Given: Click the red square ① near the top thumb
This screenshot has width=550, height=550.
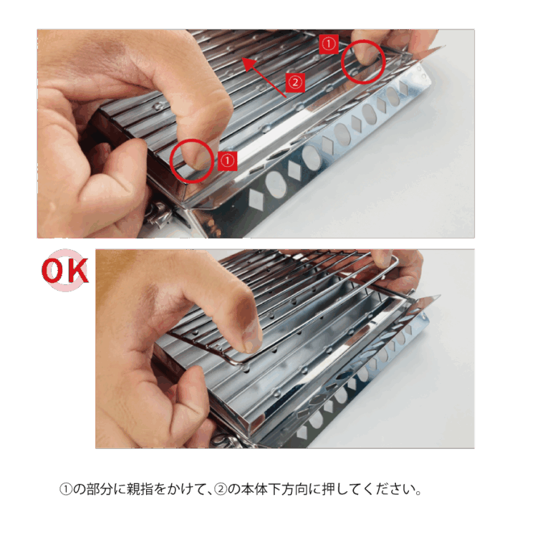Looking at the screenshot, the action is coord(329,44).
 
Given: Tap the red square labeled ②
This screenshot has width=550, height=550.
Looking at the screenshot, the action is coord(295,82).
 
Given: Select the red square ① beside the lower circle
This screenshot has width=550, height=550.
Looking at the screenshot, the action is coord(227,161).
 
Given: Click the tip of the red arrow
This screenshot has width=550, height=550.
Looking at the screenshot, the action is coord(243,59).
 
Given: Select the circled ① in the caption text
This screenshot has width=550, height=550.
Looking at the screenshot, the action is coord(66,489).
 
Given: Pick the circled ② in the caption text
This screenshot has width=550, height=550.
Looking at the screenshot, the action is coord(221,489).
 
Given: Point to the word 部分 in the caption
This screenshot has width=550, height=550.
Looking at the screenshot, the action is coord(100,489).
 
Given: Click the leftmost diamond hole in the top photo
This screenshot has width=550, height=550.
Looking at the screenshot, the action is coord(256,200).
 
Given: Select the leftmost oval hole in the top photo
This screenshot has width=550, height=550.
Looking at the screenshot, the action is coord(275,185).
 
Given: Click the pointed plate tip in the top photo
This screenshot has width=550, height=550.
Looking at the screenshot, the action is coord(445,46).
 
